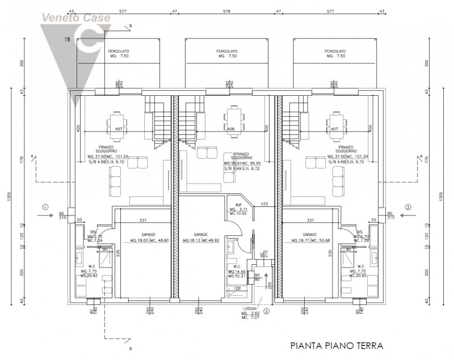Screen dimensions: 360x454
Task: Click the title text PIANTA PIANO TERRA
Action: tap(337, 345)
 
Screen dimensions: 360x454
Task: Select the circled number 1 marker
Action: tap(45, 207)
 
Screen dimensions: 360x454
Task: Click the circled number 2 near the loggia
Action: tap(266, 311)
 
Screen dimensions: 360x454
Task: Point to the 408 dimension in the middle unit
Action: tap(231, 129)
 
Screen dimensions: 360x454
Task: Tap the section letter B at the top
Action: tap(130, 26)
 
